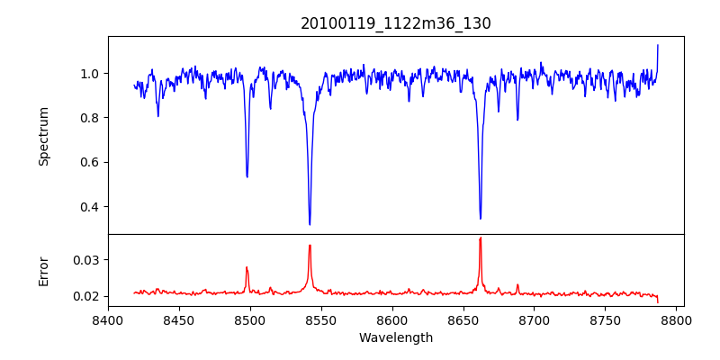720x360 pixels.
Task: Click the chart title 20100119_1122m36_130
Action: pos(396,23)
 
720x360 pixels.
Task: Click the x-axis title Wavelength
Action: pos(396,338)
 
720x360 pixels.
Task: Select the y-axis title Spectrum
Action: pos(44,136)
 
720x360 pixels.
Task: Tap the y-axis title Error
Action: pos(44,271)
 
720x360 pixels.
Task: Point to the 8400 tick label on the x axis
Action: pos(108,319)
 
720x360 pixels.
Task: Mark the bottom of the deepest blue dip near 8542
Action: pos(310,224)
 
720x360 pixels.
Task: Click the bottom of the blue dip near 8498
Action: pos(247,176)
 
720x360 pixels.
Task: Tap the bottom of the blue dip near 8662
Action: pos(481,218)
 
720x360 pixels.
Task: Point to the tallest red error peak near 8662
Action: pos(481,238)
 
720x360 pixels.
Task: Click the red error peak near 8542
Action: pos(310,245)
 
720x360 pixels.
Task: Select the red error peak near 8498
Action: pos(247,267)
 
